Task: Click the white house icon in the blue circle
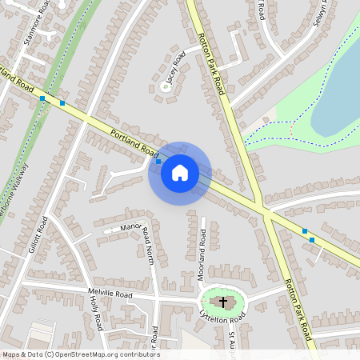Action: click(x=179, y=173)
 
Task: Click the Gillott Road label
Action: click(x=38, y=235)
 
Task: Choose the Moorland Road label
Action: click(x=203, y=249)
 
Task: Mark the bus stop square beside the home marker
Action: click(x=158, y=162)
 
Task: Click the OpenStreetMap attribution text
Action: click(x=80, y=354)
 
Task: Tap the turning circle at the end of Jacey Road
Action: click(x=166, y=86)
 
